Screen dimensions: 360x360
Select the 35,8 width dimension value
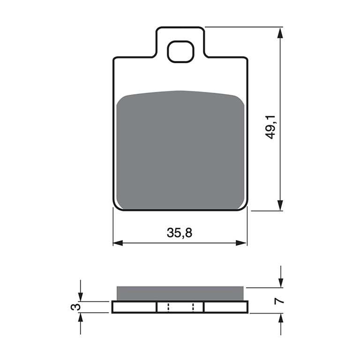pos(180,232)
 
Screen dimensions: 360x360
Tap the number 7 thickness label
pos(279,300)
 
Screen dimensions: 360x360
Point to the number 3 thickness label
pos(75,307)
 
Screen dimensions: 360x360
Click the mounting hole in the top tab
pos(180,52)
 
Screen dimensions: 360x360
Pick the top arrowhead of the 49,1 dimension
pos(280,33)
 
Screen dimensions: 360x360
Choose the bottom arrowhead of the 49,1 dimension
pos(280,205)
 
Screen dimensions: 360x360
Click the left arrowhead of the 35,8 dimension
pos(118,243)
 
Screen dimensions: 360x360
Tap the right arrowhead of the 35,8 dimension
pos(241,243)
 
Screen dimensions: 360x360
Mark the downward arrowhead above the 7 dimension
pos(281,282)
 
